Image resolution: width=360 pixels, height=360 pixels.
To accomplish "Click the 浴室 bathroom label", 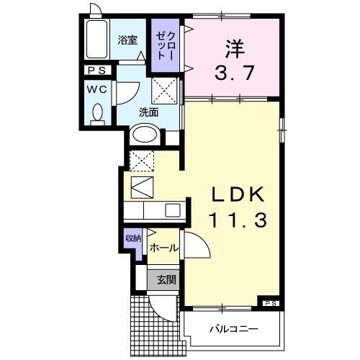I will point(128,40).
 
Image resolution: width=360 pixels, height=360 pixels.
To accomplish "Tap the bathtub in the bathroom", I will point(95,41).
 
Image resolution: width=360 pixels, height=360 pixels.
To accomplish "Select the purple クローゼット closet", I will point(166,45).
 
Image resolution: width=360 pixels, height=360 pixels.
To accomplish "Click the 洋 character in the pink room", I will point(232,47).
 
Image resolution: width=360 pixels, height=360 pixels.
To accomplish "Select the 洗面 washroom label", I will point(150,112).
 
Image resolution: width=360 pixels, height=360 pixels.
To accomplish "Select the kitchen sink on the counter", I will point(173,210).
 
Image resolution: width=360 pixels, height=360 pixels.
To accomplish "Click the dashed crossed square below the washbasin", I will point(139,159).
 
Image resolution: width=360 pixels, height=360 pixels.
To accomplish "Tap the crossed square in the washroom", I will point(165,92).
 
